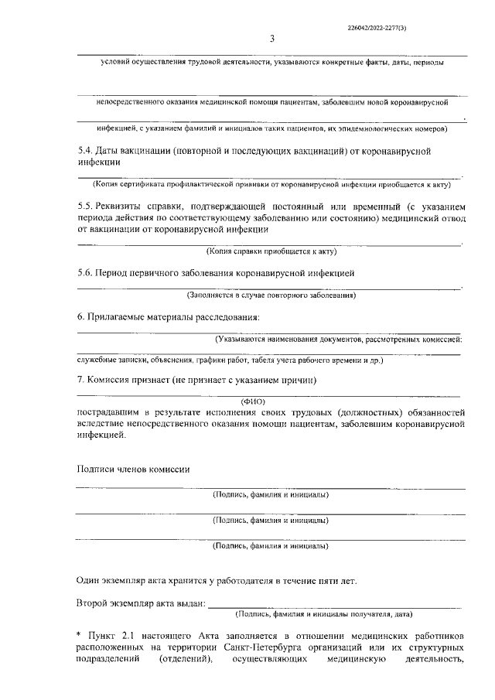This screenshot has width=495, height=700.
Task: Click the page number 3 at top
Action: coord(271,39)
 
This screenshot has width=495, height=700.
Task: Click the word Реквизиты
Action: coord(125,207)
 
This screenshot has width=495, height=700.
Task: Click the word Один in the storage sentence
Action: coord(89,580)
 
